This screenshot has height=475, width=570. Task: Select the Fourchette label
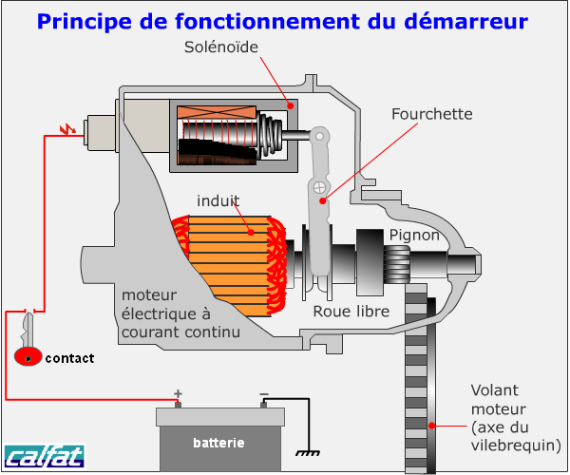tap(431, 114)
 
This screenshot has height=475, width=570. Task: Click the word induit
tap(218, 200)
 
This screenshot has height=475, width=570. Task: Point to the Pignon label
tap(413, 236)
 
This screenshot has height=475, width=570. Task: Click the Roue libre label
tap(350, 312)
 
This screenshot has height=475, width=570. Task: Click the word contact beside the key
tap(69, 358)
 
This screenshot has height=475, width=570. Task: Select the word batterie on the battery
tap(218, 443)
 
